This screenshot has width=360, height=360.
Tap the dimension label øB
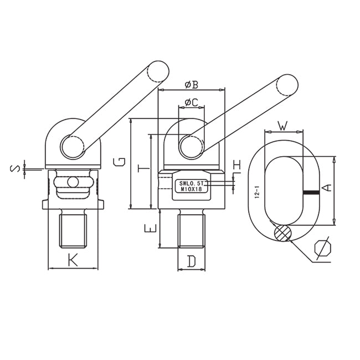click(x=192, y=84)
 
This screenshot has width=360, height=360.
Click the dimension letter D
click(x=191, y=260)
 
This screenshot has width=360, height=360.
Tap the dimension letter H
click(x=237, y=165)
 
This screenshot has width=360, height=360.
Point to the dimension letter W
click(x=283, y=126)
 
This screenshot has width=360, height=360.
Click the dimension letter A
click(x=327, y=188)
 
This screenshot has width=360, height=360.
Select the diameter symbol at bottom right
click(x=322, y=249)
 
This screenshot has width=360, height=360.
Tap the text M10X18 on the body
click(x=189, y=189)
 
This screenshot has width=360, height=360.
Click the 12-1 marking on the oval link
click(x=257, y=193)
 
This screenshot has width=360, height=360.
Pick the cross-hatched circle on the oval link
click(x=284, y=233)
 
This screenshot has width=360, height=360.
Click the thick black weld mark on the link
click(x=311, y=193)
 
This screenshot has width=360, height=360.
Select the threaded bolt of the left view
click(x=73, y=229)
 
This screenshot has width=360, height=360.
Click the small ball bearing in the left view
click(x=72, y=182)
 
